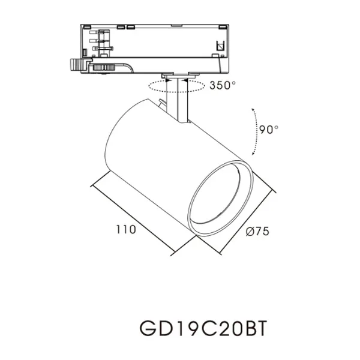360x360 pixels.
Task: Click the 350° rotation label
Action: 223,85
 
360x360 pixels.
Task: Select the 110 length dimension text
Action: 126,229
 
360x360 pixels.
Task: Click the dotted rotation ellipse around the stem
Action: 156,87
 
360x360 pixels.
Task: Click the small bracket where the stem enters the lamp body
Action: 163,106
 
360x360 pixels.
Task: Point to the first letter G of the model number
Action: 147,329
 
